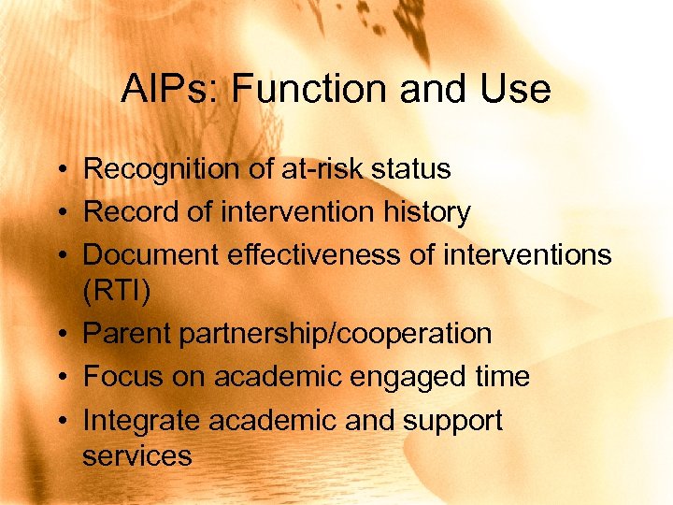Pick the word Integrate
point(142,420)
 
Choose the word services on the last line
point(136,455)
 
